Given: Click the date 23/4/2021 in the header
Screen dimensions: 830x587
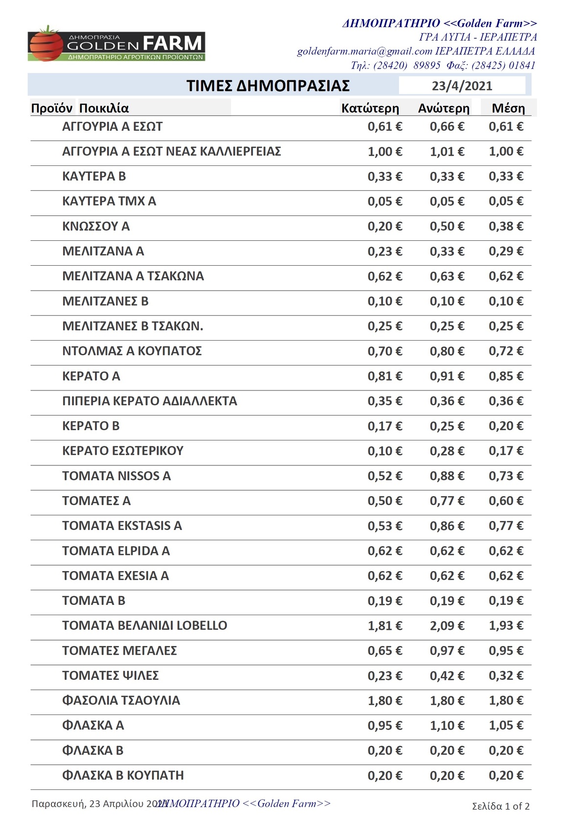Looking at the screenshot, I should [462, 86].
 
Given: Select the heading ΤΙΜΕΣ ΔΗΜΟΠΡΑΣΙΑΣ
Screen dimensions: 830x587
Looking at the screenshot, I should [268, 86].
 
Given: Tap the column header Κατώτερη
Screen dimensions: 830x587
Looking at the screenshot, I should [370, 108].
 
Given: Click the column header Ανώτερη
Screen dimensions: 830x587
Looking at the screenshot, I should [443, 108].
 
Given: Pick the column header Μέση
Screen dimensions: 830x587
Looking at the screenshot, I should [508, 108].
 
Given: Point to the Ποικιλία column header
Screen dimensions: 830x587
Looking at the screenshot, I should [104, 108].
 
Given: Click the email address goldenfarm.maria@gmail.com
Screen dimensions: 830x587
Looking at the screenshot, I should [364, 51].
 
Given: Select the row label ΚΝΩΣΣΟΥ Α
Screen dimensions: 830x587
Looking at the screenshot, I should [96, 226].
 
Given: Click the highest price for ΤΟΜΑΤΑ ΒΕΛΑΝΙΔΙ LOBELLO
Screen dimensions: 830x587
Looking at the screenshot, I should [447, 625].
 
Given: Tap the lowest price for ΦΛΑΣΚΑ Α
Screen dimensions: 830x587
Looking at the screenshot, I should [384, 725].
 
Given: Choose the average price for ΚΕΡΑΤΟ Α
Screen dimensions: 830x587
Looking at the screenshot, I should [506, 376].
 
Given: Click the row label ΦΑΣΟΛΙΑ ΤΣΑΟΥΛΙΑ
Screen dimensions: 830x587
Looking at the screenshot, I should [121, 700].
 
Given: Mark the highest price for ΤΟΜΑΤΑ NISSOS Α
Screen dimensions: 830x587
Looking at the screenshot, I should [447, 476].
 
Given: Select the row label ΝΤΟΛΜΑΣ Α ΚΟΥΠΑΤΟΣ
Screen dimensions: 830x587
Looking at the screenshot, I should [132, 351].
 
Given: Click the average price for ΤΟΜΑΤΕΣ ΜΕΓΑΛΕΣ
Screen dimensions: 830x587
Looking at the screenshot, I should [506, 650].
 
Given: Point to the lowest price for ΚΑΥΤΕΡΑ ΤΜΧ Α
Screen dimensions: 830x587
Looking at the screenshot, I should [384, 201].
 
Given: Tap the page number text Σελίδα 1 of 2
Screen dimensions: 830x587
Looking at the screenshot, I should [500, 806].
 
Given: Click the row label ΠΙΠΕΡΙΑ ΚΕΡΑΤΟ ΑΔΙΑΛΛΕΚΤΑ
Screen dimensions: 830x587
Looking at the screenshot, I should [149, 401].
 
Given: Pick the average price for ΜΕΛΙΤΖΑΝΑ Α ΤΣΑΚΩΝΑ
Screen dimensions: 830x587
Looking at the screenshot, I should [506, 276].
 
